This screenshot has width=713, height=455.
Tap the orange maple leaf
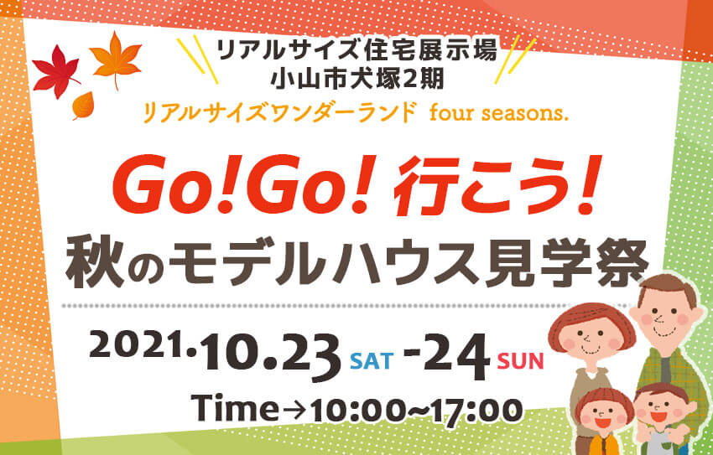[116, 59]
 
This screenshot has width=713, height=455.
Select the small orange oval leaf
[83, 106]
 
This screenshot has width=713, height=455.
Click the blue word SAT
[372, 361]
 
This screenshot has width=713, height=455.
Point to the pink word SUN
[520, 361]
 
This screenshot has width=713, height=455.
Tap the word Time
[235, 407]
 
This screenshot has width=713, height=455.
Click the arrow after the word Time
[294, 410]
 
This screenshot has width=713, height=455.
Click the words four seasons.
[499, 113]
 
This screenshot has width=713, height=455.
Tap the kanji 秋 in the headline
[95, 263]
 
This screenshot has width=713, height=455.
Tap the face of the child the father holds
[659, 407]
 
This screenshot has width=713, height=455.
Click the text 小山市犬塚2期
[357, 80]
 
